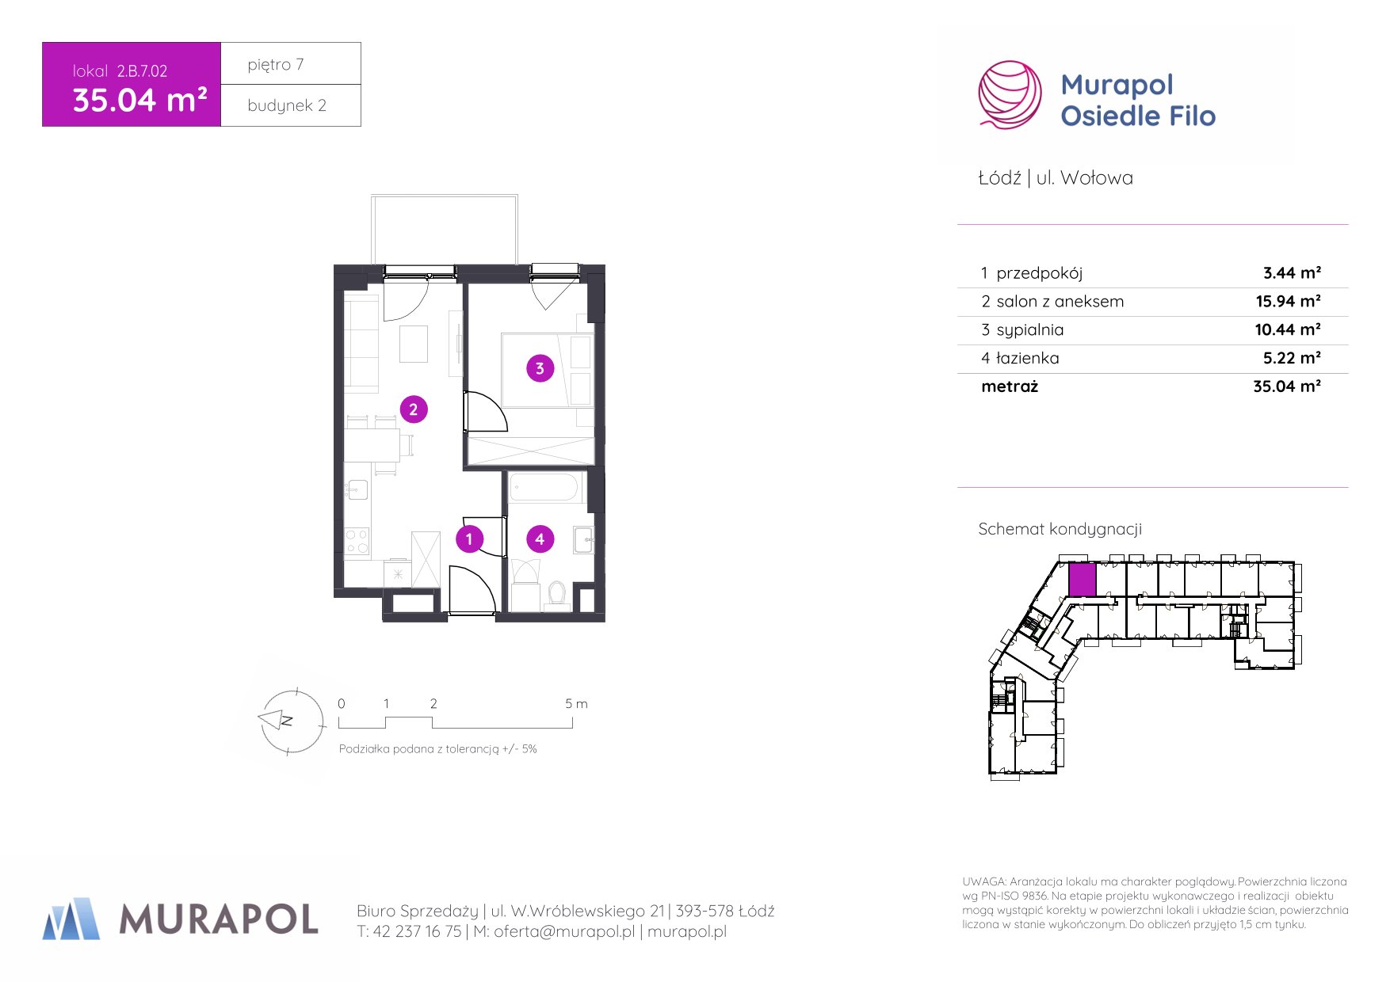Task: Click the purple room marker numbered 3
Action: pos(540,368)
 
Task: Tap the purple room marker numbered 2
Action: pos(413,409)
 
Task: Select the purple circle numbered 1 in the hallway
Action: pos(469,539)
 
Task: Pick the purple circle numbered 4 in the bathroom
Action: pos(540,539)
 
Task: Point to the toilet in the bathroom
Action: pos(557,595)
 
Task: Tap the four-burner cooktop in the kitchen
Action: pos(357,542)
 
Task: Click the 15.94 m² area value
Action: pos(1288,301)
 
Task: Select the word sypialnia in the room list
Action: pos(1030,330)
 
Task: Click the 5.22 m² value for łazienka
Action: pos(1292,358)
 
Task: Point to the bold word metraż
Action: pos(1010,386)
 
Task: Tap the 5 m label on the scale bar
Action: pos(576,703)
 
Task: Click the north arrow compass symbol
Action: pos(291,721)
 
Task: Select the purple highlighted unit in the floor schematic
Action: pos(1082,580)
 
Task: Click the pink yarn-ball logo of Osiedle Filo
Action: pos(1010,94)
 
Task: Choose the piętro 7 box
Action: pos(291,63)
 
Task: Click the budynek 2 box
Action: pos(291,105)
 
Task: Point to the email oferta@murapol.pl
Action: pos(564,932)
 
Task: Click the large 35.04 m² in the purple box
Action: pos(139,100)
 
